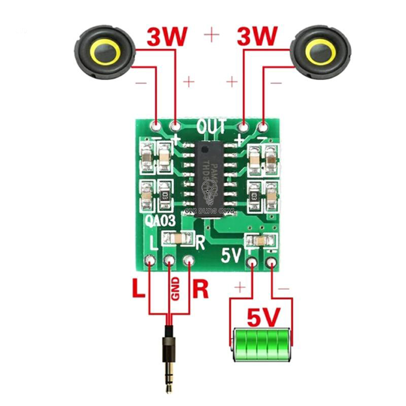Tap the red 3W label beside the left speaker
tap(167, 37)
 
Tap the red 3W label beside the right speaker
tap(257, 37)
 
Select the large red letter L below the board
tap(138, 290)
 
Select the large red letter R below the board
tap(201, 290)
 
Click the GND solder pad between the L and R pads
tap(170, 261)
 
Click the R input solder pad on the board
tap(189, 261)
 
